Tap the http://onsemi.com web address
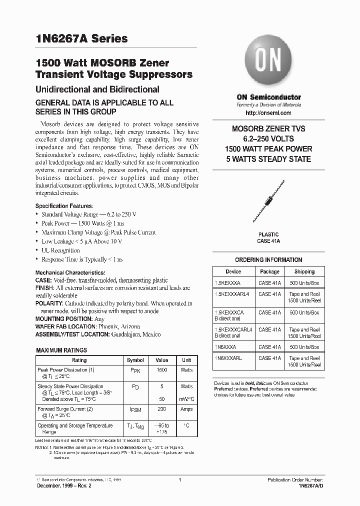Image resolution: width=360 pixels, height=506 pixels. click(x=268, y=112)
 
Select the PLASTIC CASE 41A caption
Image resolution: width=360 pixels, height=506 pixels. click(x=268, y=237)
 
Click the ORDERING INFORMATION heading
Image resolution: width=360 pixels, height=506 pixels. click(x=268, y=260)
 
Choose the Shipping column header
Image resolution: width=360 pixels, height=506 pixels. click(x=304, y=271)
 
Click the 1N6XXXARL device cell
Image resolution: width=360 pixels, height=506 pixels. click(x=230, y=358)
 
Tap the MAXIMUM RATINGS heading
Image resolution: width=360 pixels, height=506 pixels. click(x=62, y=350)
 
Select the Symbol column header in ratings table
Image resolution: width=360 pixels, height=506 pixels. click(x=135, y=360)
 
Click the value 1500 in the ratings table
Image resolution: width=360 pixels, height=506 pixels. click(x=161, y=370)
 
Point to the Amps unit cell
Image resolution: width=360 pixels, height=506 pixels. click(x=186, y=409)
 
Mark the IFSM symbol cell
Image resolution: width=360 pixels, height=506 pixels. click(x=135, y=409)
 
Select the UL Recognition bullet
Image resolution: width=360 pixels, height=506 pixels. click(x=60, y=250)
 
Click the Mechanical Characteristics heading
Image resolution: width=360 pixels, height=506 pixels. click(x=70, y=272)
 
